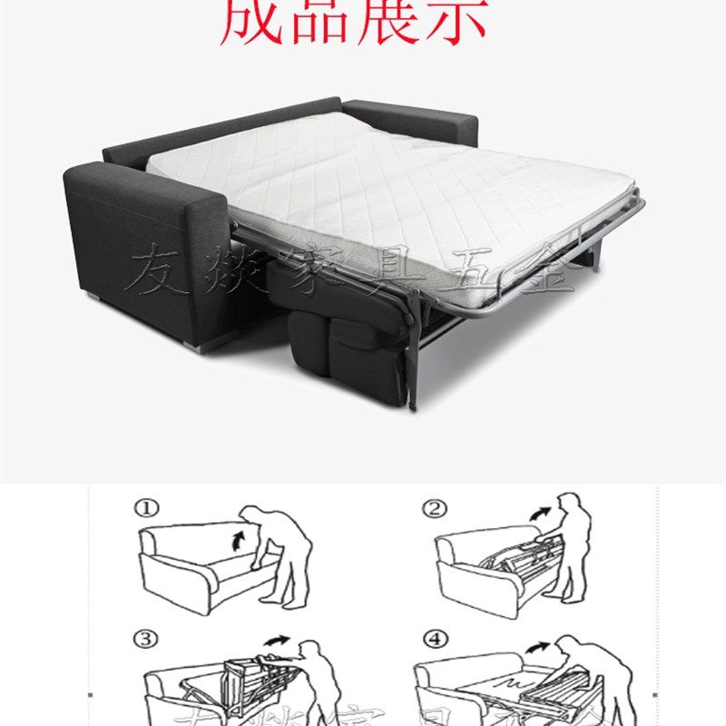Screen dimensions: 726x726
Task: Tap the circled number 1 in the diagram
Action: [146, 509]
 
